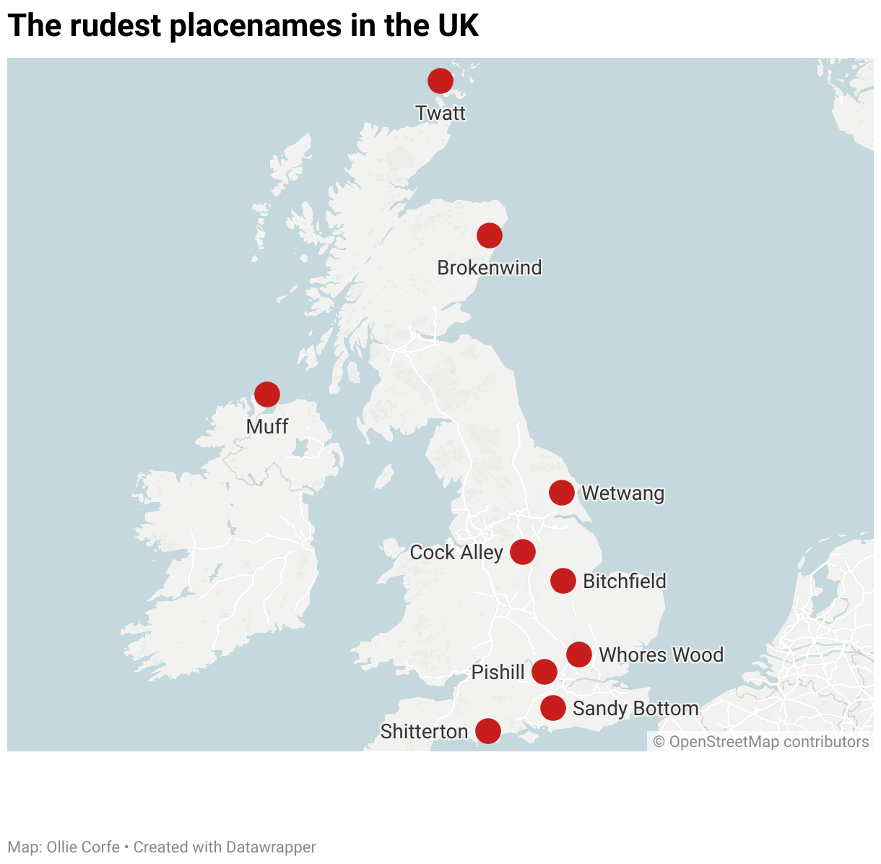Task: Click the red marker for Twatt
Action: click(440, 81)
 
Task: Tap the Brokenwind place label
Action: click(489, 268)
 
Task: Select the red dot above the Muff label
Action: click(267, 394)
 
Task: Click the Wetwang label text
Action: click(622, 493)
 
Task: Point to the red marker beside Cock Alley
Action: click(523, 552)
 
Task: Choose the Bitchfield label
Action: click(624, 582)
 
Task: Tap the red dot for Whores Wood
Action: click(579, 655)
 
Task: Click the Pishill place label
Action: click(498, 673)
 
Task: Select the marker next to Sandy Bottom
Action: click(553, 708)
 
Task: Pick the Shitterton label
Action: click(424, 732)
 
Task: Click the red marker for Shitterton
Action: click(488, 731)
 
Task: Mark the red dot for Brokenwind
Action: click(490, 236)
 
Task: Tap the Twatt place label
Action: click(440, 113)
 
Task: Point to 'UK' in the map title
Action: click(458, 26)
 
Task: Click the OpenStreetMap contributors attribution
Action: click(761, 742)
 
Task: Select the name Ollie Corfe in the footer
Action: click(83, 847)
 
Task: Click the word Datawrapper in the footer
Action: click(271, 847)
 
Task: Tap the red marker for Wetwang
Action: click(562, 493)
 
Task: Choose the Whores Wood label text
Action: click(661, 655)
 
